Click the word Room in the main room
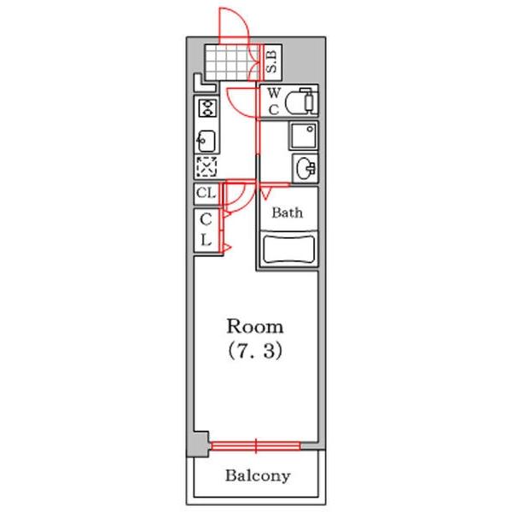[x=254, y=326]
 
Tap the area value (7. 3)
[x=254, y=351]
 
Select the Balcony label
[x=258, y=476]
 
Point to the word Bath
[x=288, y=212]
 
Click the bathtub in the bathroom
[x=288, y=249]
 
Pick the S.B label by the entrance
[x=271, y=61]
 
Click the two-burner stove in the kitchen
[x=207, y=108]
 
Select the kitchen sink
[x=207, y=141]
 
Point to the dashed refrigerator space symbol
[x=207, y=167]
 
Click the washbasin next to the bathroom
[x=305, y=168]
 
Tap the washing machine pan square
[x=304, y=136]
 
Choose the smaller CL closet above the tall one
[x=207, y=194]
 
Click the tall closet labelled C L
[x=207, y=230]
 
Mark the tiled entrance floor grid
[x=232, y=62]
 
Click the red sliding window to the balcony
[x=256, y=446]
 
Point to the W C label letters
[x=274, y=102]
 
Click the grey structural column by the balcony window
[x=198, y=445]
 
